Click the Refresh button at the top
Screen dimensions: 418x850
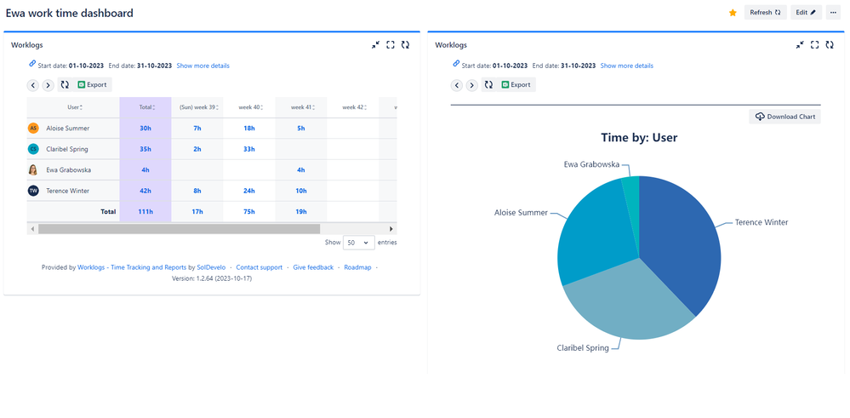click(765, 13)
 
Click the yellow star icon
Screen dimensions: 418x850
click(733, 13)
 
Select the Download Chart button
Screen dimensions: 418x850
click(784, 117)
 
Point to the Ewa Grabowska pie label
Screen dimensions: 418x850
click(591, 164)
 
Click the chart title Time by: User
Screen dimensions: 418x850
click(639, 137)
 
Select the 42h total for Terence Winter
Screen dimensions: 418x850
click(145, 191)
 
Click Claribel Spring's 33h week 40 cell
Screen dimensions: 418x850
click(249, 149)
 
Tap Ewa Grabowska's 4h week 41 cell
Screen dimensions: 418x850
click(301, 169)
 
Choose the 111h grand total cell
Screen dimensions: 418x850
click(145, 211)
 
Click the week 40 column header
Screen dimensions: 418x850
click(249, 107)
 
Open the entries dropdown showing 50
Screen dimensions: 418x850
click(358, 243)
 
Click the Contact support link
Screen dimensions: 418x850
click(259, 267)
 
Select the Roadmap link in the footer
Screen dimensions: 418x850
click(357, 267)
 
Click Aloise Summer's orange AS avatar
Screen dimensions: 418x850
click(33, 128)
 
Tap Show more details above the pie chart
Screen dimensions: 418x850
click(627, 66)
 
